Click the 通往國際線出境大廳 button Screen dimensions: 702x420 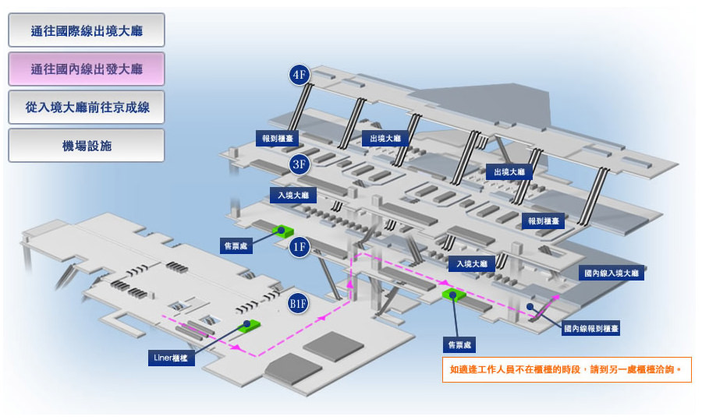(x=87, y=30)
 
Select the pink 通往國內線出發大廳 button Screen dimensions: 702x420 (x=87, y=69)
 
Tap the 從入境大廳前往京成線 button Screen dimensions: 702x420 (x=87, y=108)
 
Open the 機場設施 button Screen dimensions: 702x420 (x=87, y=146)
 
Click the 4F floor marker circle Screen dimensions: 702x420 (x=299, y=74)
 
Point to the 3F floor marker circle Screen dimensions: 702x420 (x=299, y=164)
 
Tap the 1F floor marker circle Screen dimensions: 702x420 (x=299, y=247)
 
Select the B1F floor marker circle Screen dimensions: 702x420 (x=298, y=304)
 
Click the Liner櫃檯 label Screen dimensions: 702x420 (x=171, y=358)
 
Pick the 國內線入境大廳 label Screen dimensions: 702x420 (x=611, y=274)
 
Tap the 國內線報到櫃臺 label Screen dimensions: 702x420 (x=591, y=328)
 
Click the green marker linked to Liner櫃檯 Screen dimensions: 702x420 (x=249, y=326)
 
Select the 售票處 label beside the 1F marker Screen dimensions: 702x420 (x=236, y=246)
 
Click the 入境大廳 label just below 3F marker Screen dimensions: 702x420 (x=293, y=195)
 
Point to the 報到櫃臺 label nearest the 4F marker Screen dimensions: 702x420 (x=278, y=138)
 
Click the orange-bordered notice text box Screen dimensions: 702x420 (x=567, y=369)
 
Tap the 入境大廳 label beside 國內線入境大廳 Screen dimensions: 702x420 (x=472, y=264)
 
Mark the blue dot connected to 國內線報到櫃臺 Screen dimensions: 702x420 (x=530, y=306)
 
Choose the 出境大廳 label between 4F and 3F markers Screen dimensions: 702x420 (x=385, y=138)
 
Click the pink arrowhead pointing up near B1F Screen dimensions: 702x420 (x=350, y=284)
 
